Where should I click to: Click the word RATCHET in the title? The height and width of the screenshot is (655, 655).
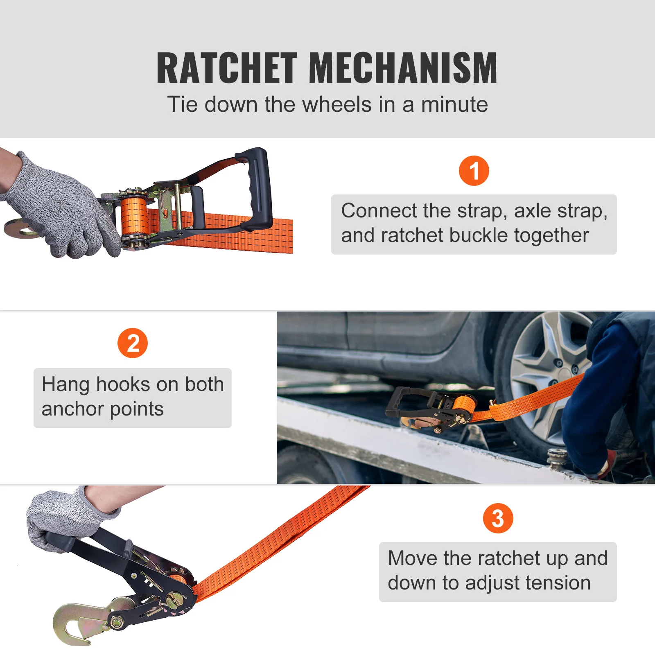click(x=226, y=68)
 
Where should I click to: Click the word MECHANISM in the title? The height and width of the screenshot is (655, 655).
click(x=403, y=68)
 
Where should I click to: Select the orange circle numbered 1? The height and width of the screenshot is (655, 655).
click(x=474, y=171)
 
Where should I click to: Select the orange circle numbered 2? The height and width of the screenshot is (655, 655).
click(x=132, y=343)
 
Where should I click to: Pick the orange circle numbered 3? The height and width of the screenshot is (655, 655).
click(x=497, y=518)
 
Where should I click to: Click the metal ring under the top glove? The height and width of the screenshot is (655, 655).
click(x=18, y=228)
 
